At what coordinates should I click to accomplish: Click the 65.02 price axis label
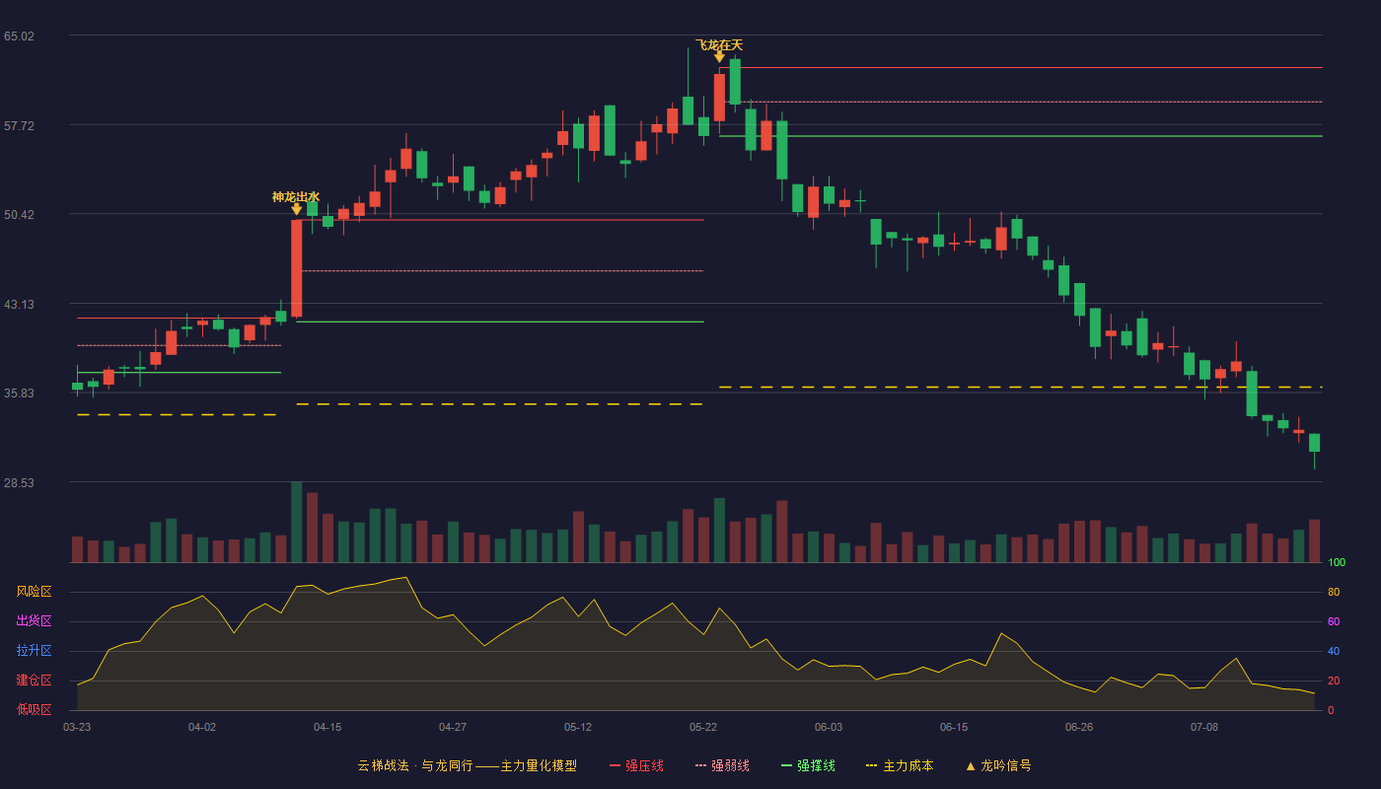19,36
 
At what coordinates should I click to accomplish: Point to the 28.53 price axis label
19,482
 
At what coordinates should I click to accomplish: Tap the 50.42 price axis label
19,215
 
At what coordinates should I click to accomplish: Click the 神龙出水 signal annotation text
296,196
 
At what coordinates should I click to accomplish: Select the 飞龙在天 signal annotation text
719,45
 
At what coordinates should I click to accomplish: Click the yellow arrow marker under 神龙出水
297,209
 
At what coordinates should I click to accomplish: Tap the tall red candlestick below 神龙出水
297,268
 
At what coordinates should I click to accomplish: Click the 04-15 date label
327,728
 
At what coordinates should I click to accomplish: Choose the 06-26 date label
1079,728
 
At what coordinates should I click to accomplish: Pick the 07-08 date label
1204,728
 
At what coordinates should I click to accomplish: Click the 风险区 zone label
34,592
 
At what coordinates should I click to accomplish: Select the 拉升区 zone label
34,651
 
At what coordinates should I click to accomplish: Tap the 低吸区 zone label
34,710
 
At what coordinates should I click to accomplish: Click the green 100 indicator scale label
1337,562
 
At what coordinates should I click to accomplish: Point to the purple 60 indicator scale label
1334,621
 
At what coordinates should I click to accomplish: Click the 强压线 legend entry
636,765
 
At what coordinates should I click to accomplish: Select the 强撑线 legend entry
808,765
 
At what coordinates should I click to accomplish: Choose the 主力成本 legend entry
900,765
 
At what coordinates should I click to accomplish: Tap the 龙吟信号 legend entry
998,765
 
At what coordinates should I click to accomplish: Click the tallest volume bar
297,522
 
